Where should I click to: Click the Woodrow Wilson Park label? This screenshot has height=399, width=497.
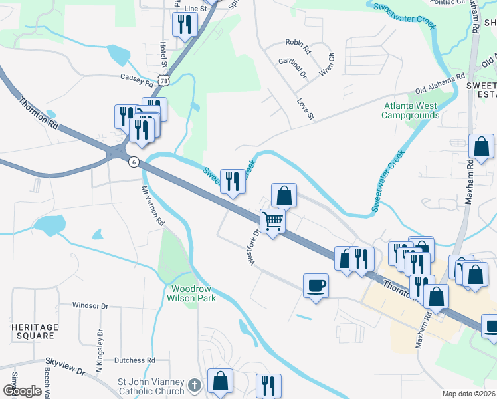pos(193,294)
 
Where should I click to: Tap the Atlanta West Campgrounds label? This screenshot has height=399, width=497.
pos(410,110)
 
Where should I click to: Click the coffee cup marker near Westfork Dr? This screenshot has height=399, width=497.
pos(316,285)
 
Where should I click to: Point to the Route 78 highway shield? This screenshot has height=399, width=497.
pos(164,80)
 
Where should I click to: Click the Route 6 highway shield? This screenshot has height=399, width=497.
pos(134,162)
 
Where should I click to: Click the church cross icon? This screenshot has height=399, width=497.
pos(194,384)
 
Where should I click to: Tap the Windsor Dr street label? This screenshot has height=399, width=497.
pos(90,306)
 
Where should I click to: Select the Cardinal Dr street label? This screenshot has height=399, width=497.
pos(292,65)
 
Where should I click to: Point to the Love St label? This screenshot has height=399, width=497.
pos(305,109)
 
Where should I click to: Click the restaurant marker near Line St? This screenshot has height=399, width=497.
pos(183,24)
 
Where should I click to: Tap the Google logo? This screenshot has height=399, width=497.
pos(21,391)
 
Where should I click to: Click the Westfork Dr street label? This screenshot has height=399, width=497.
pos(252,249)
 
